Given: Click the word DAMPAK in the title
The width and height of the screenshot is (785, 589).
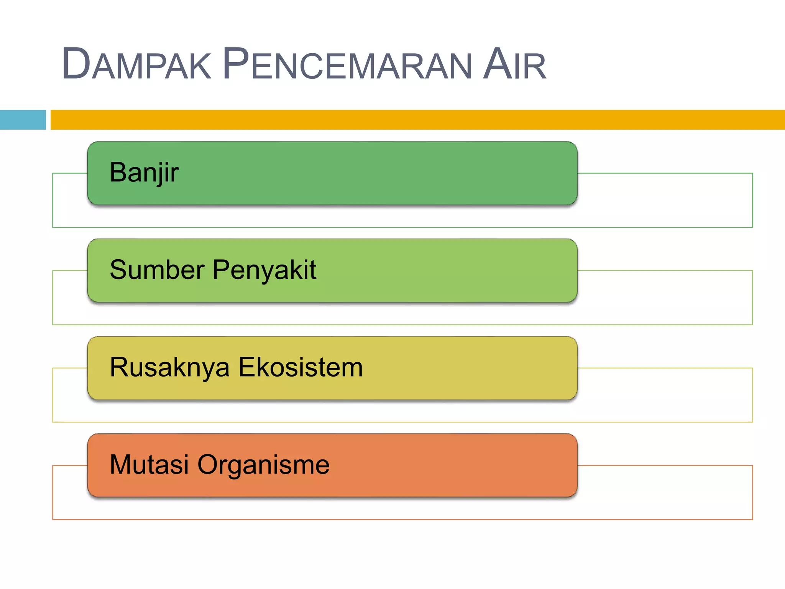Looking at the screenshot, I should (136, 64).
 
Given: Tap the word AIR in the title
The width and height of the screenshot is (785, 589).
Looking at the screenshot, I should (514, 64).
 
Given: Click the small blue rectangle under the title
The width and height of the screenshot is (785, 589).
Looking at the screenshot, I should (23, 120).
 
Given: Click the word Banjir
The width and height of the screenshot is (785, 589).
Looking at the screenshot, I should (144, 173).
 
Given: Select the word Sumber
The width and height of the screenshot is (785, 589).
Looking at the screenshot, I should (157, 270).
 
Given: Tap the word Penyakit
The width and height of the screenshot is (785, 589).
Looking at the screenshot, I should (264, 270).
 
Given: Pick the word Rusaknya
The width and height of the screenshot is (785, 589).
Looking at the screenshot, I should (169, 367).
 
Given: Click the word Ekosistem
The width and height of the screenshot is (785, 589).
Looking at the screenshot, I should (301, 367).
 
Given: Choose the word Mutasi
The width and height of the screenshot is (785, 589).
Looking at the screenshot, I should (149, 464).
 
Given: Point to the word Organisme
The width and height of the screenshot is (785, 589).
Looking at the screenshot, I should (263, 465).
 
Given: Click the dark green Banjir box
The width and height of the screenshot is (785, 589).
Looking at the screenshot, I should (383, 173).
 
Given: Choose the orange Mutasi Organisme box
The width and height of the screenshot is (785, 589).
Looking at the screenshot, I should (441, 465).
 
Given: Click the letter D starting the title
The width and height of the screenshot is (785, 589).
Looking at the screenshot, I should (76, 64).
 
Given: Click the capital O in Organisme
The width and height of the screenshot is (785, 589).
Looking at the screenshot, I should (207, 464).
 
